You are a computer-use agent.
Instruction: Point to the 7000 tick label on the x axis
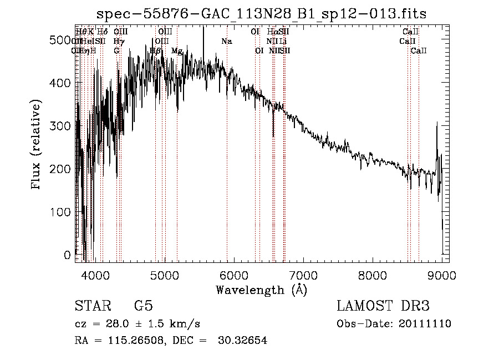[x=303, y=274]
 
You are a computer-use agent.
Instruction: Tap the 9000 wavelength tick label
[x=442, y=274]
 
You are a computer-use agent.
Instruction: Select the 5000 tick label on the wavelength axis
[x=164, y=274]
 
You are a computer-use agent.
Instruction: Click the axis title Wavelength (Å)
[x=261, y=290]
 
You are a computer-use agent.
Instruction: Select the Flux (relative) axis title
[x=37, y=145]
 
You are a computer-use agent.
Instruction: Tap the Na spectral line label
[x=226, y=42]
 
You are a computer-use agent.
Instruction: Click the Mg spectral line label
[x=177, y=51]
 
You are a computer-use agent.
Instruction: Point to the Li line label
[x=283, y=42]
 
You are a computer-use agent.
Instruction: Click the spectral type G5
[x=143, y=306]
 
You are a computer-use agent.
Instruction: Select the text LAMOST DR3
[x=383, y=306]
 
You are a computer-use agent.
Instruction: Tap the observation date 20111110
[x=425, y=324]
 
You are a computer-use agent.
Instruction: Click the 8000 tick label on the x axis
[x=373, y=274]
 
